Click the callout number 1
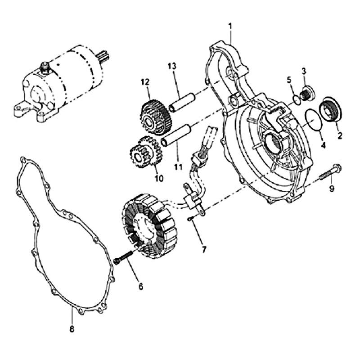(230, 27)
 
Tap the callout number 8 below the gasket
(72, 329)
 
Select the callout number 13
(172, 66)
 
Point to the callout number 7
(204, 249)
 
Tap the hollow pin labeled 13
(182, 102)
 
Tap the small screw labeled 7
(190, 219)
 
